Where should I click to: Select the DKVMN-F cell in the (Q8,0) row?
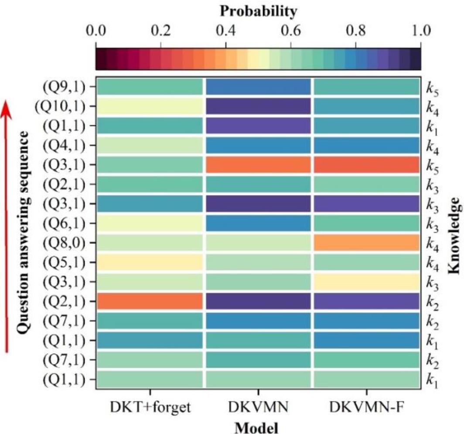pyautogui.click(x=366, y=242)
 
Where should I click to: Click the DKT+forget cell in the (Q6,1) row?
pyautogui.click(x=150, y=222)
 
